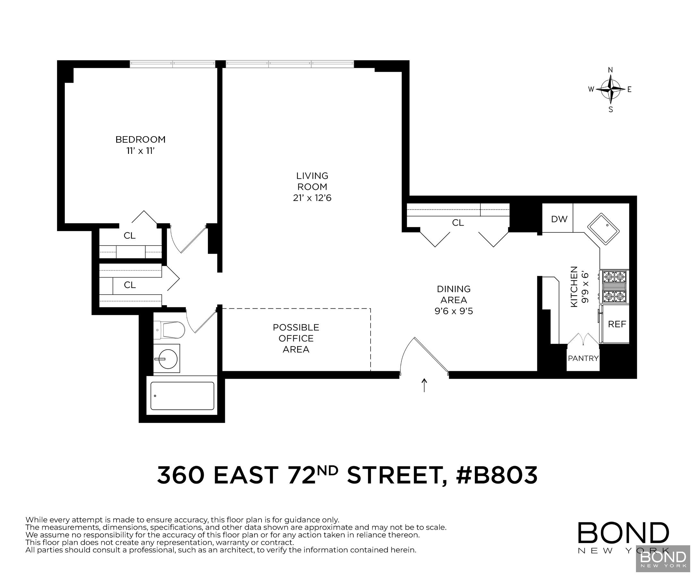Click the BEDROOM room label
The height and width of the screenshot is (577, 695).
[140, 139]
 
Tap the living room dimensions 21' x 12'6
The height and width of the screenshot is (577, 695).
[312, 198]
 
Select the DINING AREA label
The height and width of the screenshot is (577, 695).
[453, 294]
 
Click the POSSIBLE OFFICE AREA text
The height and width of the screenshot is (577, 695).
[296, 338]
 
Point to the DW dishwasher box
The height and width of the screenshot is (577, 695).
[559, 219]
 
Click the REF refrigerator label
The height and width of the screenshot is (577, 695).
[617, 324]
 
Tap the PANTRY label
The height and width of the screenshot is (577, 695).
[583, 358]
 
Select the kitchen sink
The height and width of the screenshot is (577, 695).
[603, 229]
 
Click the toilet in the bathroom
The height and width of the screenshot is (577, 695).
[169, 330]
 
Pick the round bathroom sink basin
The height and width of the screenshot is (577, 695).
[168, 359]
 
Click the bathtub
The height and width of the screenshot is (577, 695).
[182, 396]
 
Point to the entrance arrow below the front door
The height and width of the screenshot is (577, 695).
[424, 385]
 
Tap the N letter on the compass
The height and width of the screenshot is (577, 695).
[611, 70]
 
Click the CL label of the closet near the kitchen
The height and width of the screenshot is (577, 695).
[458, 223]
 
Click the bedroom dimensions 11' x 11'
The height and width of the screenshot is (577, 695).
[140, 151]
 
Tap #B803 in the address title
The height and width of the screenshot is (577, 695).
[496, 475]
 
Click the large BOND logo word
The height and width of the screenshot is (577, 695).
[623, 533]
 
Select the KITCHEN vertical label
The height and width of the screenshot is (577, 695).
[574, 286]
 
